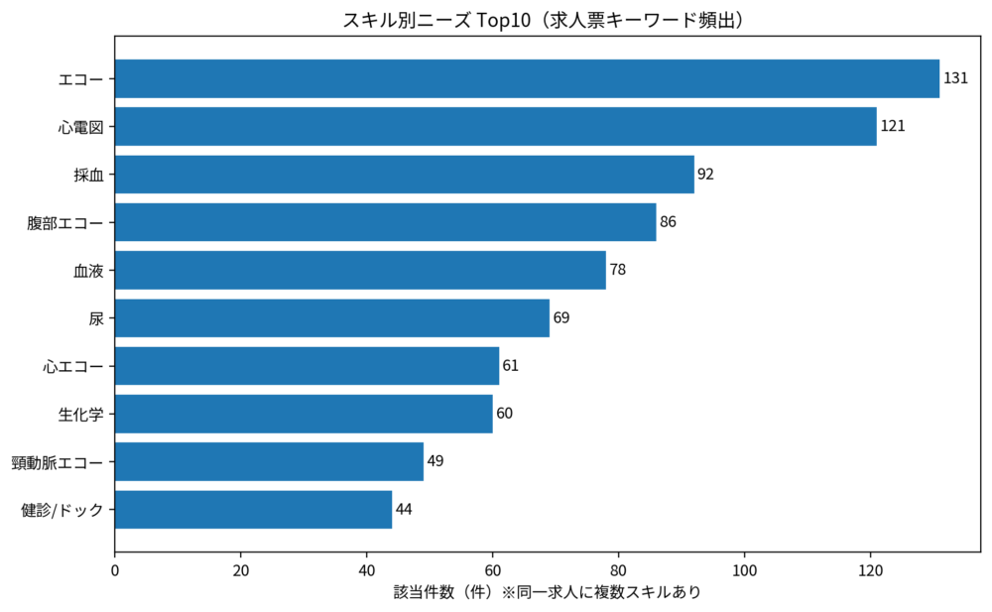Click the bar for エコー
click(527, 78)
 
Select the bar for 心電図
click(496, 126)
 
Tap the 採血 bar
click(405, 175)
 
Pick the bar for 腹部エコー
click(386, 222)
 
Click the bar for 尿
click(332, 317)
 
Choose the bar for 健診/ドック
click(254, 510)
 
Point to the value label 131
click(955, 78)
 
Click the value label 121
click(893, 126)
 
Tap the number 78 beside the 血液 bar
click(617, 270)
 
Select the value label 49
click(434, 461)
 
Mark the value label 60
click(504, 414)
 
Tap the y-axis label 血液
click(88, 270)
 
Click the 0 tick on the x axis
click(115, 570)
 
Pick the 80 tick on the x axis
click(619, 570)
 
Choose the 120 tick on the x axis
click(870, 570)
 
